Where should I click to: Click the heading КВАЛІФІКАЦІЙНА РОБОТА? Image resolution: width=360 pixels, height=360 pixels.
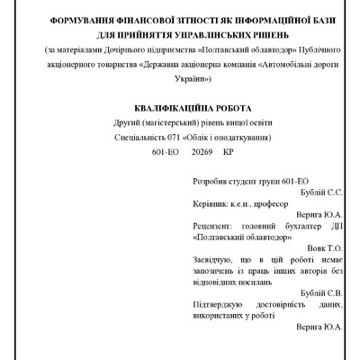point(181,104)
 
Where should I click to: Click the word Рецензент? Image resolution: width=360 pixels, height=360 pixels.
point(215,227)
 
